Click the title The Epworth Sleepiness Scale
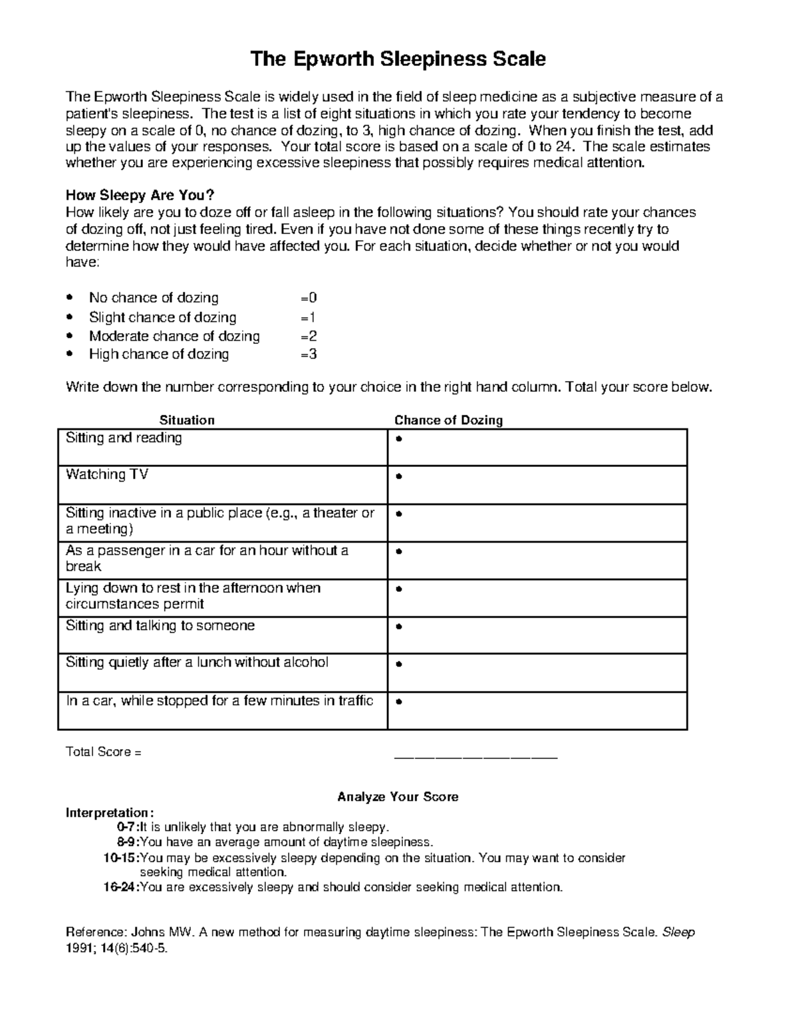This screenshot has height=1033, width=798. (398, 59)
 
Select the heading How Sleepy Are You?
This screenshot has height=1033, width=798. (140, 196)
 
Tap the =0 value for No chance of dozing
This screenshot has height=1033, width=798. (309, 298)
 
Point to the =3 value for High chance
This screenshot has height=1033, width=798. (309, 354)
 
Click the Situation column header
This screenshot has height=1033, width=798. (187, 420)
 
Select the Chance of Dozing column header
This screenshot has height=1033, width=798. (448, 420)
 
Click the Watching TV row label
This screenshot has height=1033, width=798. (107, 474)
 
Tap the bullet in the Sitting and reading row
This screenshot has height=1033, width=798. (398, 440)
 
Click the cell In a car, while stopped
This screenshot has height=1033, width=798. (219, 701)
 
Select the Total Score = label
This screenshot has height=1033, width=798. (104, 752)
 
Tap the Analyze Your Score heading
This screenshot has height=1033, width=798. (398, 796)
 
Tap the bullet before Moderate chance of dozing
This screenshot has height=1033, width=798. (71, 336)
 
